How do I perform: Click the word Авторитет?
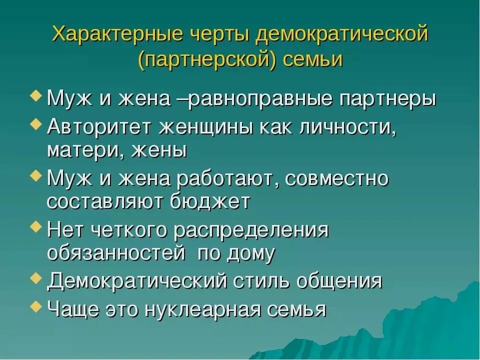100,126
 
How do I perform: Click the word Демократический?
137,280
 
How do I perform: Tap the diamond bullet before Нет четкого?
36,227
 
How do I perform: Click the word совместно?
336,178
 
